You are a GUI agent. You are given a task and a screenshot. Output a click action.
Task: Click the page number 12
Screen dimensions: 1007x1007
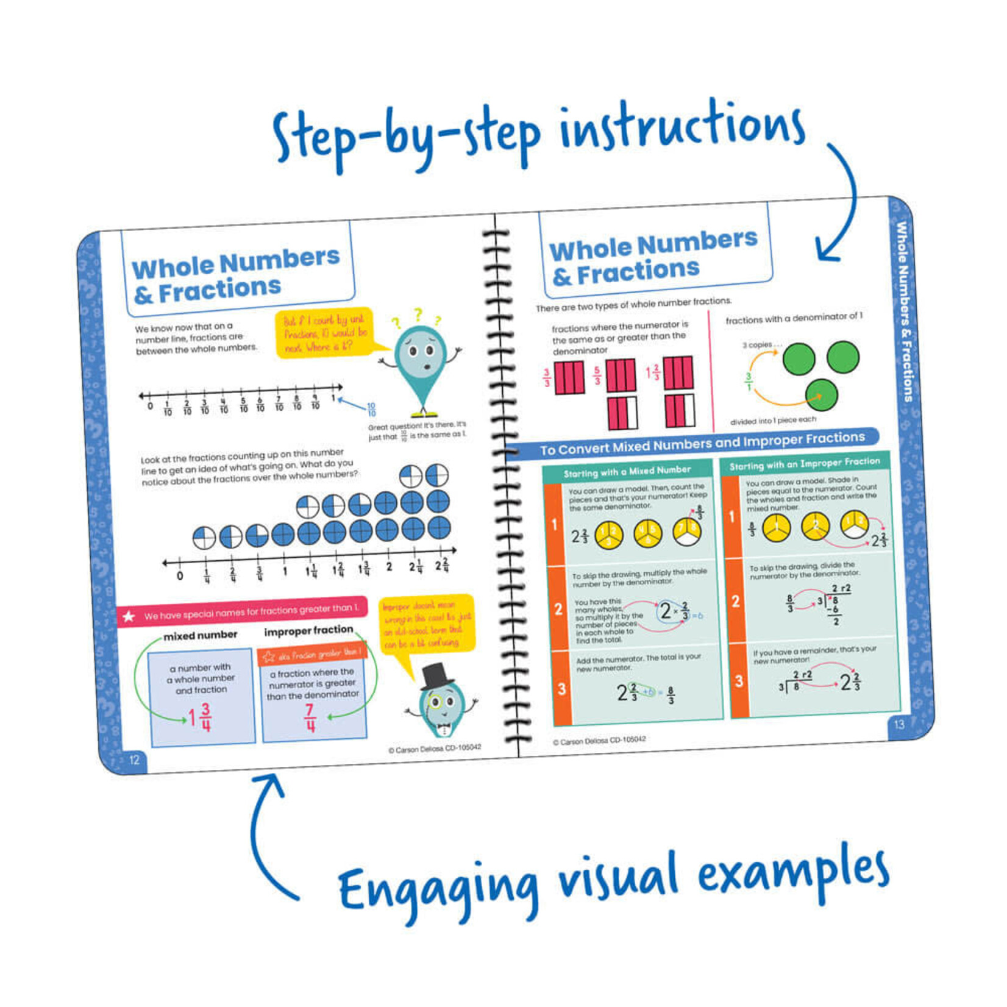[134, 760]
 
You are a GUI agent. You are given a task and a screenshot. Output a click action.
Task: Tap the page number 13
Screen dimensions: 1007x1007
[899, 724]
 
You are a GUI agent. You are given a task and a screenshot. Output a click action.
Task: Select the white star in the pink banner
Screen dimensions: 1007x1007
[129, 616]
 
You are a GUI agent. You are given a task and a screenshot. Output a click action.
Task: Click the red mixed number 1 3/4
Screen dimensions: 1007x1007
[200, 717]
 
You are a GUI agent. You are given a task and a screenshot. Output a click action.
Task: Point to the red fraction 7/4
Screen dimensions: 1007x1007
[310, 717]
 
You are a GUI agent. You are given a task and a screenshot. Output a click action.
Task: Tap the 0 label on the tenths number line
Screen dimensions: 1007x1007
[150, 406]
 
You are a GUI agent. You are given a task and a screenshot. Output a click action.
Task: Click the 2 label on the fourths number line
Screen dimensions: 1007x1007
[389, 567]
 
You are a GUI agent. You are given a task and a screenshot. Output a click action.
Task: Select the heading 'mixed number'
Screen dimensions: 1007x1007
[200, 635]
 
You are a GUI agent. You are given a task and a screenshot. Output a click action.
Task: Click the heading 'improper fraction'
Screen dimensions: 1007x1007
[308, 630]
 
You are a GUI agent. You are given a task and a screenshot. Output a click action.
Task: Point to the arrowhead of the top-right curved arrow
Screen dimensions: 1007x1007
[827, 254]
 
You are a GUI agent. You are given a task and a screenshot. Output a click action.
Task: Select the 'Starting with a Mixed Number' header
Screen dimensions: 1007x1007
[627, 471]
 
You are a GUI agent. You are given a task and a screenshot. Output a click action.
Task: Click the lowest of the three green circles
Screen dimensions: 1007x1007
[821, 394]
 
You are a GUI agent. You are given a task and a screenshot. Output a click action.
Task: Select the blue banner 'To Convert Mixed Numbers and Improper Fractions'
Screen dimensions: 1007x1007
[701, 443]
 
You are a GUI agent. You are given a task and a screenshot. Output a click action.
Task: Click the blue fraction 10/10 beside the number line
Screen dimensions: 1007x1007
[371, 409]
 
